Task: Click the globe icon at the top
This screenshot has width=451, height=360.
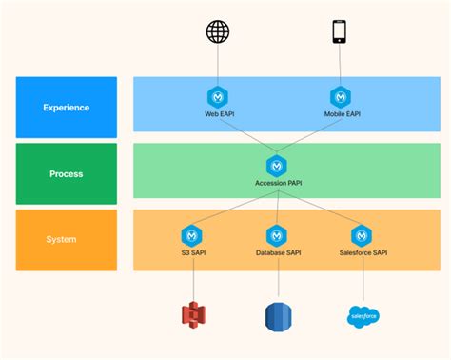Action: pos(219,31)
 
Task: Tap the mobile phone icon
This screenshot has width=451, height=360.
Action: pos(340,31)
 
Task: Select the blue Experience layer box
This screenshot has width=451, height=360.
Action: pos(67,107)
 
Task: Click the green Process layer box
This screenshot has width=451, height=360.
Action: pos(67,173)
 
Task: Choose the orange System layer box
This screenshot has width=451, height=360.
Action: pos(67,239)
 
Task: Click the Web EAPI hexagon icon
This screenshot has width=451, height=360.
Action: pos(219,96)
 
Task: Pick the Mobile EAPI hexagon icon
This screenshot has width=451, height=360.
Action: pos(340,96)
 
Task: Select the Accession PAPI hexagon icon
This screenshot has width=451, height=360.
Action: pos(277,165)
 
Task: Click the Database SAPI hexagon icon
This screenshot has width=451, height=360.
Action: pos(277,234)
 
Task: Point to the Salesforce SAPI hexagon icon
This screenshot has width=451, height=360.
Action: pos(362,234)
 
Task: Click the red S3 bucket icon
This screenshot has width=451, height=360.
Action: pos(194,314)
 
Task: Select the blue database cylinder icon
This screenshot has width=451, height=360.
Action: pos(277,314)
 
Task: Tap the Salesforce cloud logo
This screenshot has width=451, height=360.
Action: pos(363,315)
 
